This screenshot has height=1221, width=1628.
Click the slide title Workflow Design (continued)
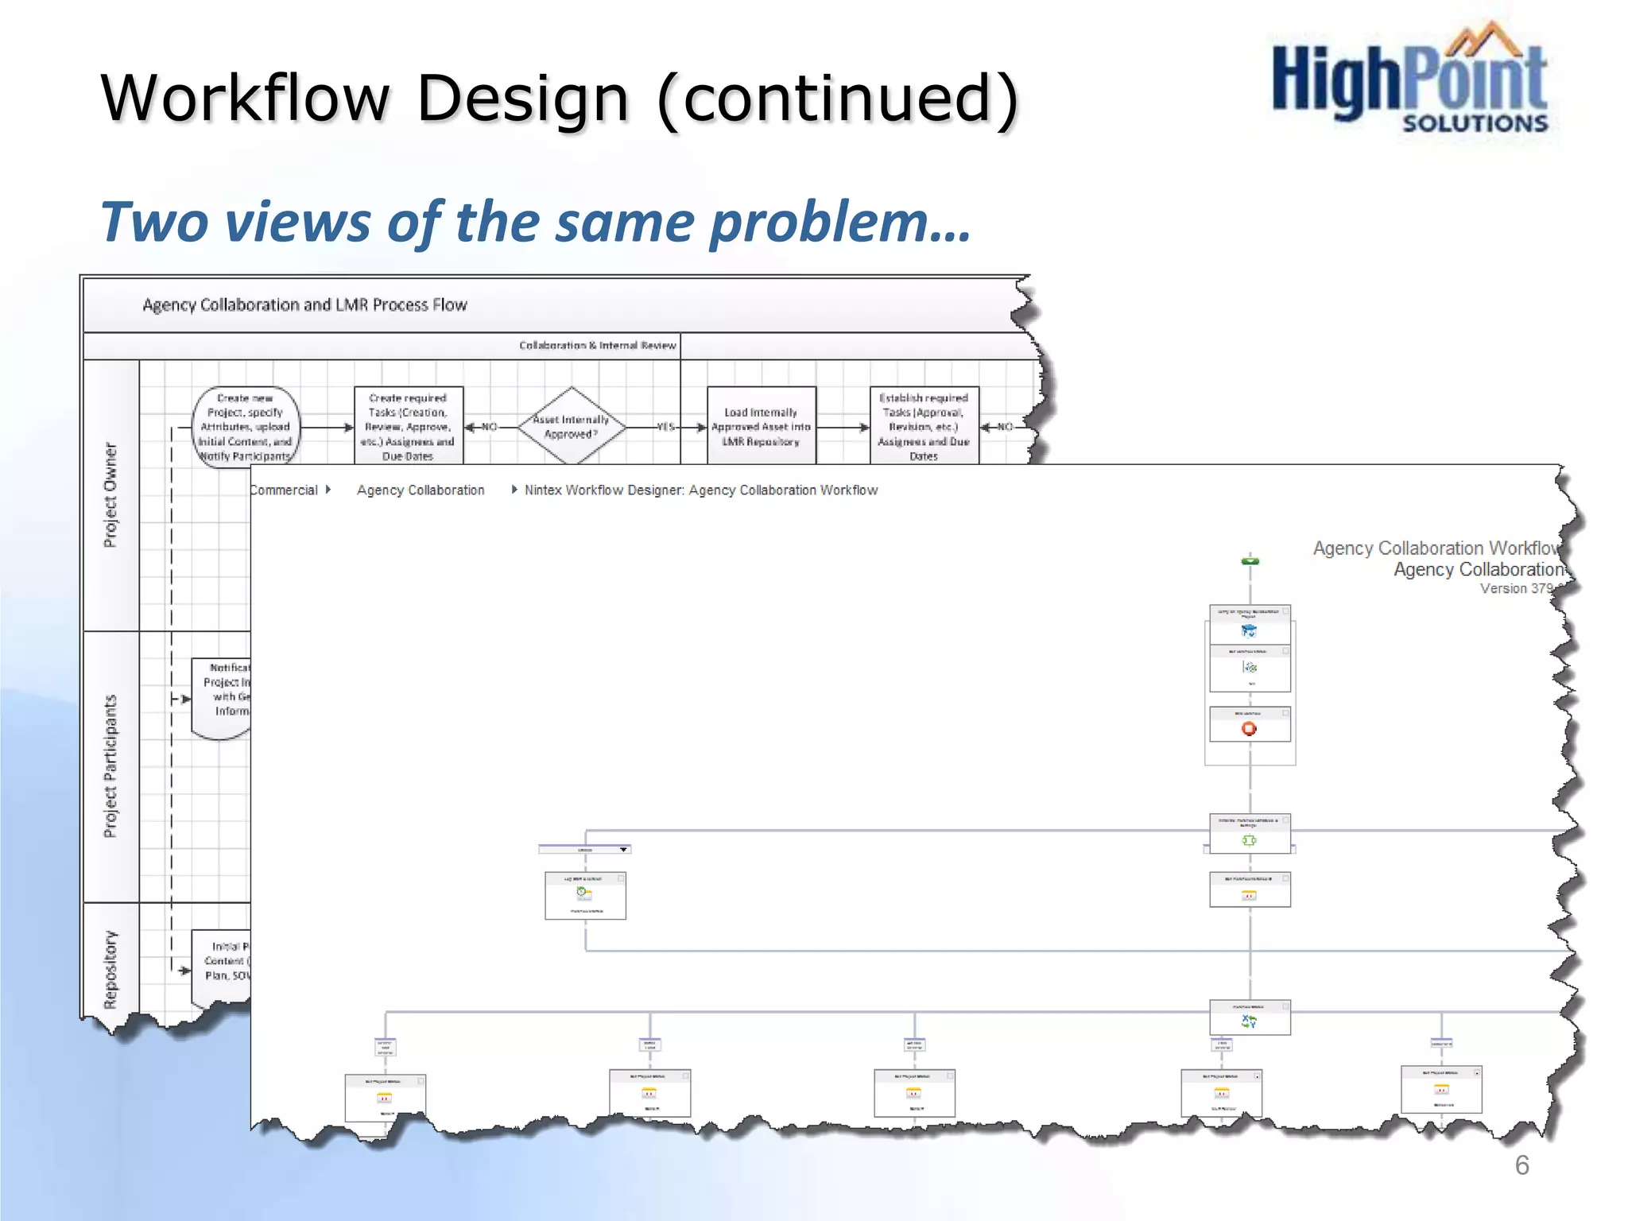(559, 98)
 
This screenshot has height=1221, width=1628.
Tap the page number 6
(1521, 1165)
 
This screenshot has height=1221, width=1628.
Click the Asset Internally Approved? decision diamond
(571, 427)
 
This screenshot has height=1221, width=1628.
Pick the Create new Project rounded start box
(246, 427)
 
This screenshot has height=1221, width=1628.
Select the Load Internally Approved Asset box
(761, 427)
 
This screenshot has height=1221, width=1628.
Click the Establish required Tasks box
(924, 427)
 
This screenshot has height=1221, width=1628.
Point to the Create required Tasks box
(408, 427)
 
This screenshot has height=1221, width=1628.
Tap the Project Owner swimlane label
(110, 495)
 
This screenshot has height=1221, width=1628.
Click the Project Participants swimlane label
(110, 766)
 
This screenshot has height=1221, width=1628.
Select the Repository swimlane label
(110, 969)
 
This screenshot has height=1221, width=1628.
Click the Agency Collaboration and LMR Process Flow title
(304, 305)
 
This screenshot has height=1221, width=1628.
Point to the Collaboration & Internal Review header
(597, 346)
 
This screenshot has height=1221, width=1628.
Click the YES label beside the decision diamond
(665, 427)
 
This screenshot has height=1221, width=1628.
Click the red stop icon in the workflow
(1249, 728)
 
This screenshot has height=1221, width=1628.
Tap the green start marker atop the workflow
(1250, 561)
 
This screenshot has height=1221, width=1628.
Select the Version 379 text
(1515, 589)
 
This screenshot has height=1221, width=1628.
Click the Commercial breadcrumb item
(285, 490)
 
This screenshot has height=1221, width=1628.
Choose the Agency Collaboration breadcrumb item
(421, 490)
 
